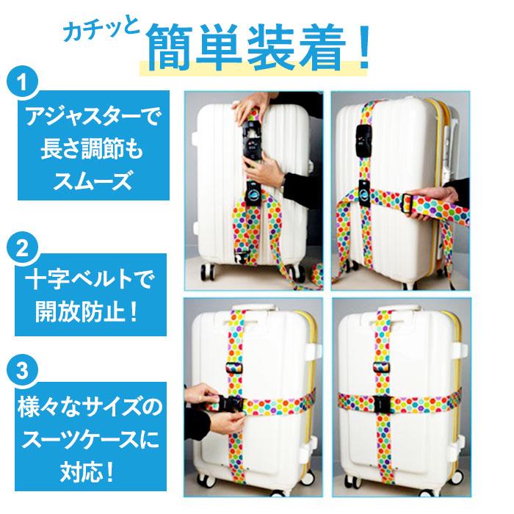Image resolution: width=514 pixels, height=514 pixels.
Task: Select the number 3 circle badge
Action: pos(24,370)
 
